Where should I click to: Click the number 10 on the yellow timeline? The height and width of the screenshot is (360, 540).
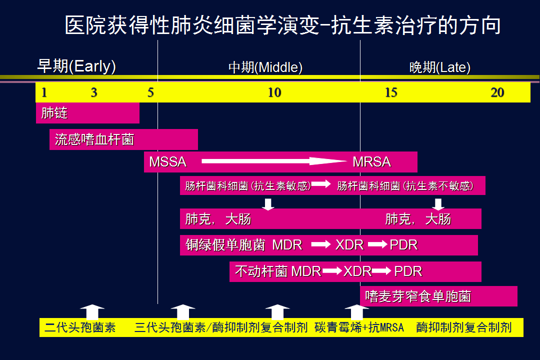274,92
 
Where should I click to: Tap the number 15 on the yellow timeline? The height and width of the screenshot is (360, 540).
391,92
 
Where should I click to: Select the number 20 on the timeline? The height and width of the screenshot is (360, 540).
497,92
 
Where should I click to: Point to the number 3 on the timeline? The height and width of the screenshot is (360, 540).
94,92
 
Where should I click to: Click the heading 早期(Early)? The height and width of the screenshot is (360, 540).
76,66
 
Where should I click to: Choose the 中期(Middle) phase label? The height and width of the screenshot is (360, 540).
265,67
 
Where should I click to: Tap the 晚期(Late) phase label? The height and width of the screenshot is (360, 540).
440,67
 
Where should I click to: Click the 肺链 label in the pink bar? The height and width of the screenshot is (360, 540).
54,113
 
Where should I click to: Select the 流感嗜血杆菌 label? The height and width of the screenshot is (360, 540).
94,139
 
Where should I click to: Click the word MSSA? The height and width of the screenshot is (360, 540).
167,162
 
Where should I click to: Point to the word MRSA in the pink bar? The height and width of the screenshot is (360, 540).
371,162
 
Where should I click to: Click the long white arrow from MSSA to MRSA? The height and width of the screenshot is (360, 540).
274,161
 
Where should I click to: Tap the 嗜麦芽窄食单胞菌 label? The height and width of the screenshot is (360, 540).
418,296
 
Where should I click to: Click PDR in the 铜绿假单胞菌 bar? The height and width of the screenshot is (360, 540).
403,245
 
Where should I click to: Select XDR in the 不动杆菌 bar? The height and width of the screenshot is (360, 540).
357,271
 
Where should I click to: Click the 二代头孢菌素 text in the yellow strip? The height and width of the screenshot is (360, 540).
80,327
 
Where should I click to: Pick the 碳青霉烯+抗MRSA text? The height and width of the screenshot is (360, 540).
359,327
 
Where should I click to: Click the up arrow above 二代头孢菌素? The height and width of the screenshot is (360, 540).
92,312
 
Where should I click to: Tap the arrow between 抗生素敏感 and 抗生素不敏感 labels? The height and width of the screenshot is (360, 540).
321,184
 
